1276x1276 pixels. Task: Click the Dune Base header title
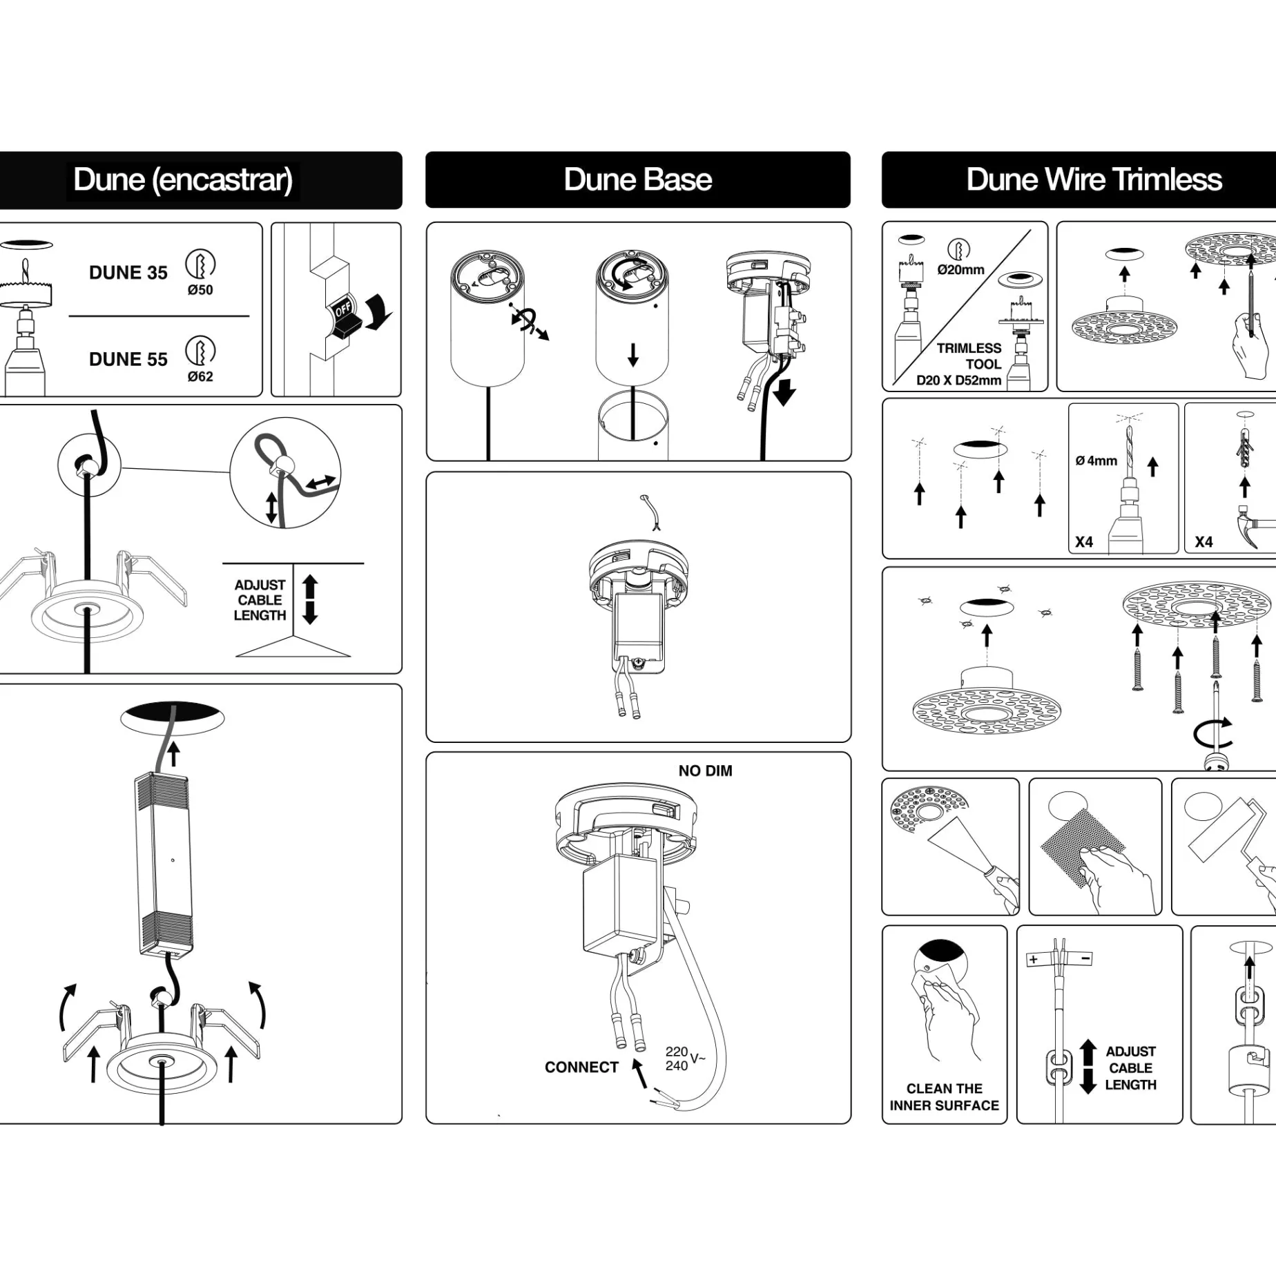(637, 180)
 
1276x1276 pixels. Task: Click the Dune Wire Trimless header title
(1094, 180)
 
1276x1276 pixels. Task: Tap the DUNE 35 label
(128, 273)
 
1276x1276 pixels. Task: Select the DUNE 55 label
(128, 359)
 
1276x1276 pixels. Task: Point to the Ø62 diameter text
(200, 377)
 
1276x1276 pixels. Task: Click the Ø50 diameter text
(200, 291)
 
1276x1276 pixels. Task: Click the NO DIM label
(705, 771)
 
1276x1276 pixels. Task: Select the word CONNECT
(581, 1067)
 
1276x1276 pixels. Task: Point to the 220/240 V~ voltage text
(685, 1058)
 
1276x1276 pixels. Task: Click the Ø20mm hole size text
(960, 270)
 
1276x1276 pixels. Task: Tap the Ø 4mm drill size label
(1096, 461)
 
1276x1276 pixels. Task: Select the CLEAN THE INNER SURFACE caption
(944, 1096)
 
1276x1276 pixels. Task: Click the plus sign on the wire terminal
(1033, 959)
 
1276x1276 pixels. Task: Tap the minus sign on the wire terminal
(1085, 958)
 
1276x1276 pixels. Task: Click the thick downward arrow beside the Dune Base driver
(784, 391)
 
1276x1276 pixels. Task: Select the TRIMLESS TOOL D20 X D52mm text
(958, 364)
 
